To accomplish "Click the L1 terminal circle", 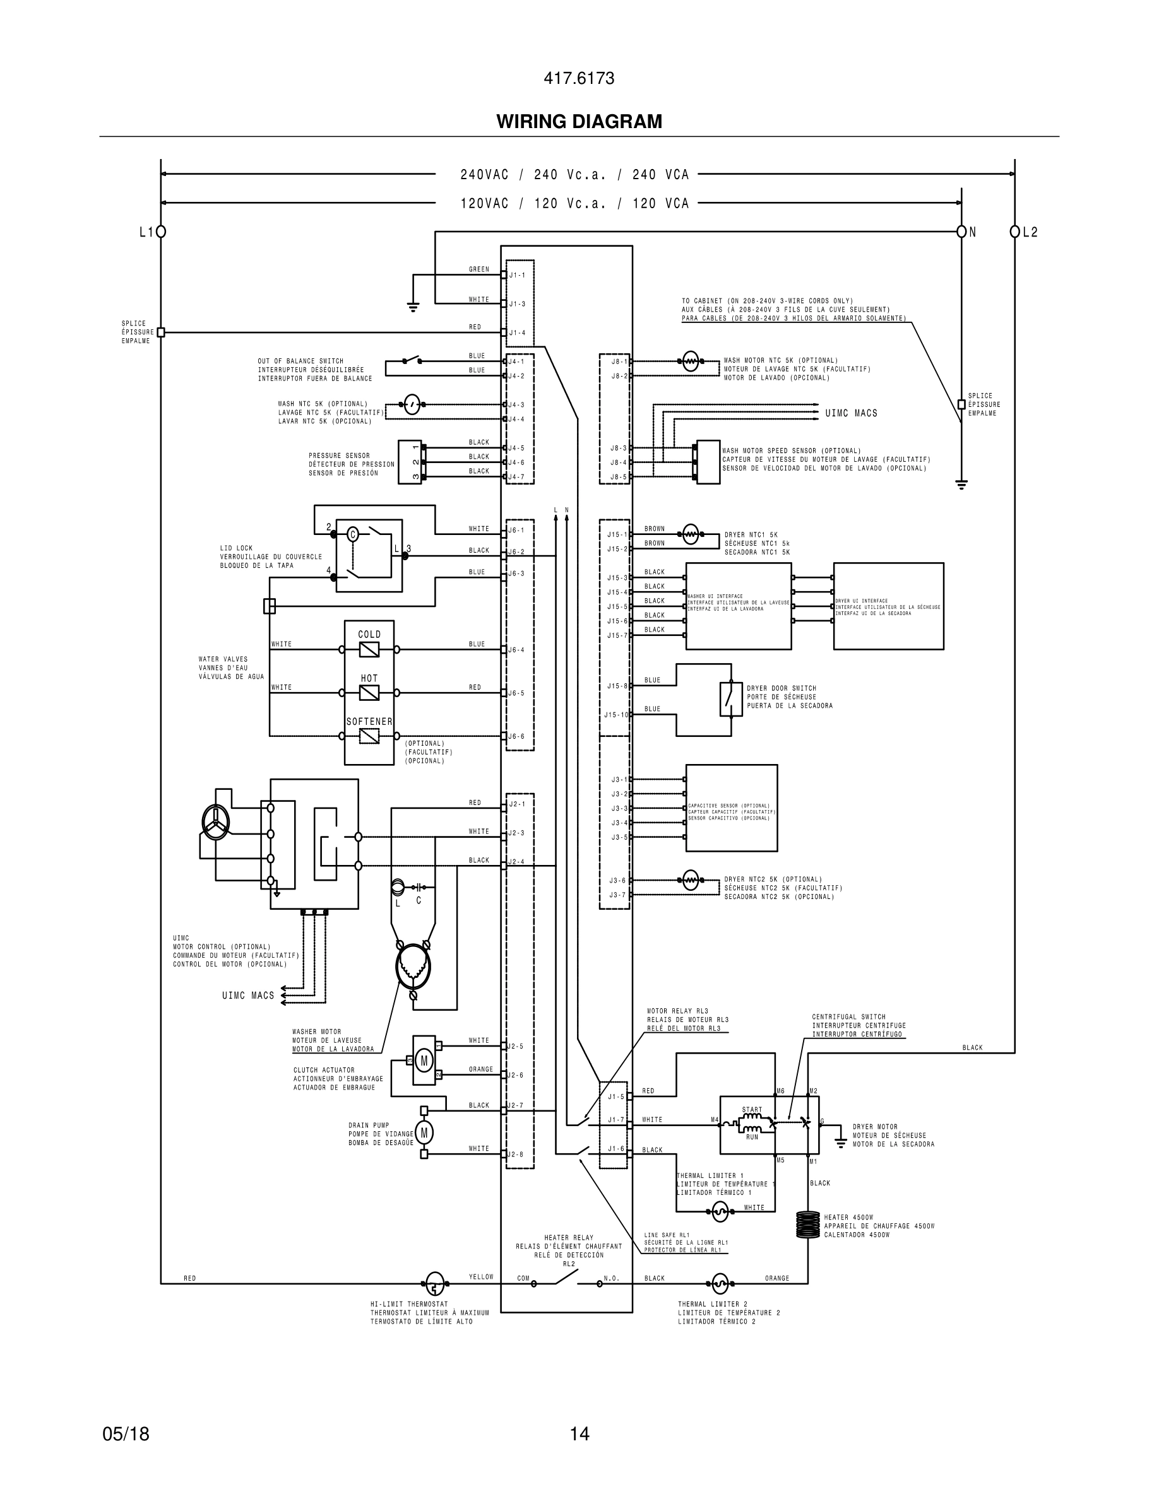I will [161, 232].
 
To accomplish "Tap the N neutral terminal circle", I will [961, 232].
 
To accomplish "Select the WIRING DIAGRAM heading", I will [579, 122].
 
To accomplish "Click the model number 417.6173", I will [579, 78].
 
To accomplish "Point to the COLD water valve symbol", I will [369, 649].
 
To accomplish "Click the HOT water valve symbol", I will [369, 693].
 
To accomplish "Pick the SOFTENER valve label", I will [369, 721].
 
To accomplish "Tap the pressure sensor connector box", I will [410, 462].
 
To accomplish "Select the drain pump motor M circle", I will [424, 1132].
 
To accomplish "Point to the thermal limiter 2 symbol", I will [719, 1283].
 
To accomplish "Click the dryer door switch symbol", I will [730, 700].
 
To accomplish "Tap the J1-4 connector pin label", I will [517, 333].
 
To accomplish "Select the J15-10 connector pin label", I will [616, 715].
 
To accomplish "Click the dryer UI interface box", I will [888, 606].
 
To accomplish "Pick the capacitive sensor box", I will [731, 808].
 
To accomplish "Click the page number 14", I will [579, 1434].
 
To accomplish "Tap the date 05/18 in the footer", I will [126, 1434].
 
